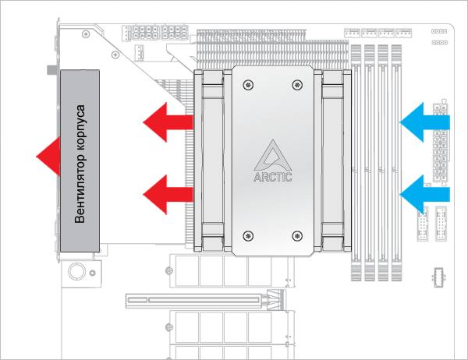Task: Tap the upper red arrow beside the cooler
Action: point(167,121)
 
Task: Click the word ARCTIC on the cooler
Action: point(273,177)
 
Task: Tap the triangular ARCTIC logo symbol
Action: point(273,154)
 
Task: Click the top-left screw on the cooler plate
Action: point(248,84)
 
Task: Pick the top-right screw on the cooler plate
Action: point(296,84)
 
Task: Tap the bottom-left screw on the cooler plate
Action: point(248,235)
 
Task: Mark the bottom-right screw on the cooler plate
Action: point(296,235)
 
